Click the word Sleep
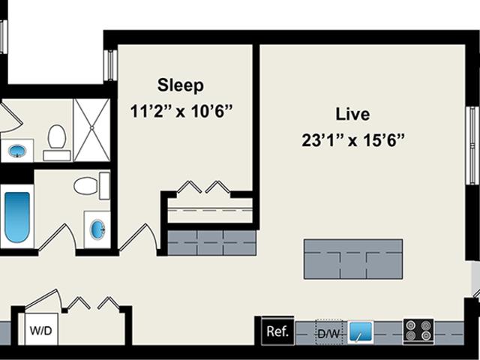[180, 85]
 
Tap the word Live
[352, 114]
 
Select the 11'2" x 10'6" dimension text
[181, 111]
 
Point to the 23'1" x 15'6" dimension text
[353, 140]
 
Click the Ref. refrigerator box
[277, 331]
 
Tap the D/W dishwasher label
[328, 333]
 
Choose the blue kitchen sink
[361, 331]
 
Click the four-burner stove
[418, 331]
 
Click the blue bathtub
[17, 217]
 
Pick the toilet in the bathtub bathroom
[91, 185]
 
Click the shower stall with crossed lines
[91, 130]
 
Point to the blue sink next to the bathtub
[98, 229]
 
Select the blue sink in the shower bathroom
[17, 151]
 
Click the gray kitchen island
[353, 259]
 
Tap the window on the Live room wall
[473, 145]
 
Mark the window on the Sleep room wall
[110, 65]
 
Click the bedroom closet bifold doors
[203, 187]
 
